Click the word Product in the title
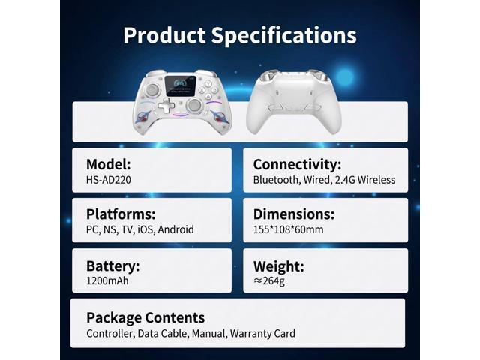pos(164,35)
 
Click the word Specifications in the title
pos(284,36)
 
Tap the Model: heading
pos(108,164)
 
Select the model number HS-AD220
pos(108,180)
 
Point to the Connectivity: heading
pos(297,165)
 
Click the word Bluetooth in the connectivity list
pos(275,180)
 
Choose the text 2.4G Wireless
pos(365,180)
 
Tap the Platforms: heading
pos(121,214)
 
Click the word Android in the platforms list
pos(175,229)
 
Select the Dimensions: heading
pos(294,214)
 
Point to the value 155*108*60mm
pos(288,229)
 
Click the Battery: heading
pos(113,266)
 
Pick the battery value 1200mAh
pos(107,280)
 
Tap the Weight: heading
pos(278,266)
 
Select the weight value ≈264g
pos(269,280)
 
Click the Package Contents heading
pos(145,318)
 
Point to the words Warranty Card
pos(262,333)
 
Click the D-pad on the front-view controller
pos(166,105)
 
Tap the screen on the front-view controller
pos(180,85)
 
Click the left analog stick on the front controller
pos(151,90)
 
